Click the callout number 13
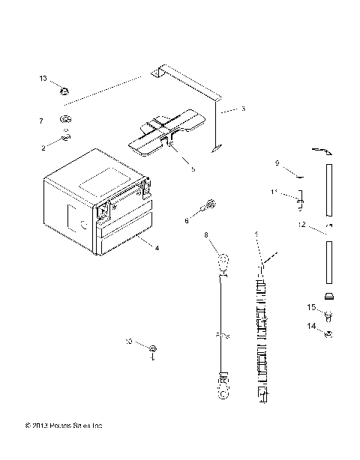(43, 78)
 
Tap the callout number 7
(42, 120)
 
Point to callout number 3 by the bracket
(242, 109)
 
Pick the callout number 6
(187, 220)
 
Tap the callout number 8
(206, 235)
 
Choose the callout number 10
(129, 341)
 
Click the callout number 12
(301, 224)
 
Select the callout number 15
(310, 307)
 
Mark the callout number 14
(310, 326)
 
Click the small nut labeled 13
(64, 91)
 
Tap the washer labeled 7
(66, 120)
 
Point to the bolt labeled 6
(209, 203)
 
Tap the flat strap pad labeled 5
(165, 129)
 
